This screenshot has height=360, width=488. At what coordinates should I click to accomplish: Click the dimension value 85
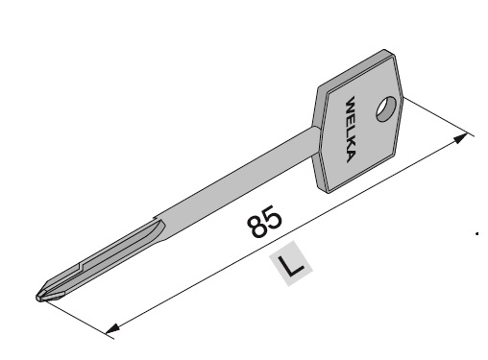pos(265,221)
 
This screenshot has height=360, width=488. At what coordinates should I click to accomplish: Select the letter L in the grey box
pos(291,264)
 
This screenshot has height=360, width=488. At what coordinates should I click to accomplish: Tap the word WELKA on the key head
pos(351,129)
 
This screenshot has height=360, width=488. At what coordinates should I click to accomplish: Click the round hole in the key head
pos(386,108)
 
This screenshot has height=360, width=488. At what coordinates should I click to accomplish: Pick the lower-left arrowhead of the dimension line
pos(112,328)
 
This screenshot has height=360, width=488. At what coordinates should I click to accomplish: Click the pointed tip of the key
pos(37,298)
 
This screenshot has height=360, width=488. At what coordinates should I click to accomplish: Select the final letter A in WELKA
pos(351,156)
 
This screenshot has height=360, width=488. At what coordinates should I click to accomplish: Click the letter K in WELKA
pos(351,144)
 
